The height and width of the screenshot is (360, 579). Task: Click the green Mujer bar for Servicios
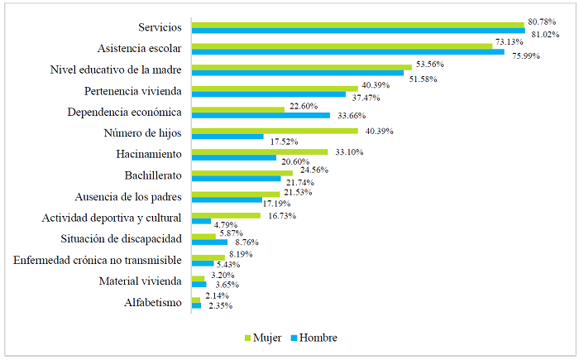tap(357, 25)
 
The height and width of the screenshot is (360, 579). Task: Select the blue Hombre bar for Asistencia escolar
tap(347, 52)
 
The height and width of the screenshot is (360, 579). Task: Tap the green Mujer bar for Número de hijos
tap(275, 131)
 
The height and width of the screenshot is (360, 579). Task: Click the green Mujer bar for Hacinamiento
tap(260, 151)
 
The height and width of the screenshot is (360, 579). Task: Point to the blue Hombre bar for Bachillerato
tap(237, 178)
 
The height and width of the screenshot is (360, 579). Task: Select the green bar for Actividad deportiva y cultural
tap(226, 215)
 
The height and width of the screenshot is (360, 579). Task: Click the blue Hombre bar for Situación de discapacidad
tap(209, 242)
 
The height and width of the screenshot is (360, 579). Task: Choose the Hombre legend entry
tap(313, 338)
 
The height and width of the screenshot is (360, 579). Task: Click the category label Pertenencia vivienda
tap(134, 91)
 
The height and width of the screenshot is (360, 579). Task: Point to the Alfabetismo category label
tap(152, 303)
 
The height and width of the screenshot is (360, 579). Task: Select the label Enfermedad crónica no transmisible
tap(98, 261)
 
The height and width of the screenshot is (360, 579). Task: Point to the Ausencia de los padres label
tap(128, 197)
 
